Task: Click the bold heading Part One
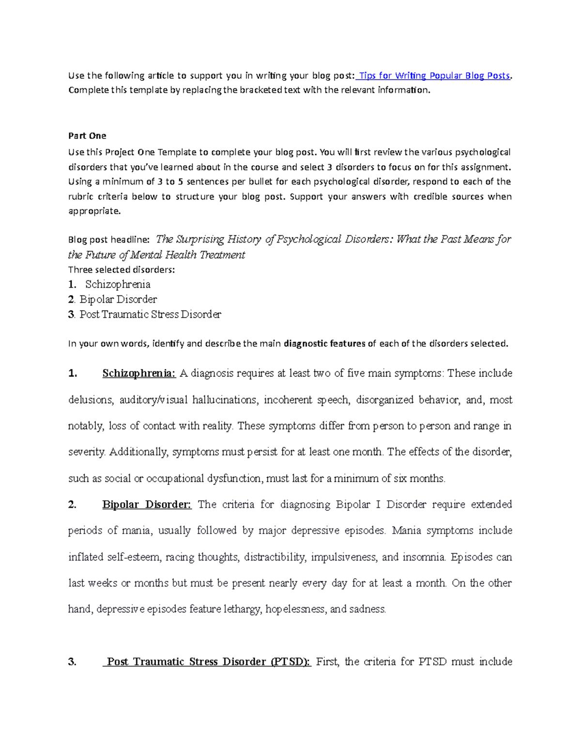click(87, 136)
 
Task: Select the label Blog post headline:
click(109, 240)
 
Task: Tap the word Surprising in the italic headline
click(199, 239)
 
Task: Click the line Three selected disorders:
click(122, 270)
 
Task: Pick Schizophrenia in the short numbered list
click(118, 284)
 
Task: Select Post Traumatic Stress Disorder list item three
click(150, 314)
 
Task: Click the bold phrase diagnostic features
click(324, 344)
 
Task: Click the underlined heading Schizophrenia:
click(138, 373)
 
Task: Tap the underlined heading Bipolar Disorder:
click(147, 505)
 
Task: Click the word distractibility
click(275, 557)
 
